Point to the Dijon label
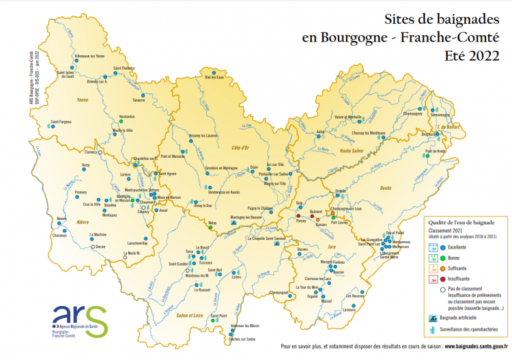254,166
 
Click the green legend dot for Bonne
442,258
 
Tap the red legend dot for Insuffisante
442,279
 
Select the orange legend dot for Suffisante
442,268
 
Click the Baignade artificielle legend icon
433,318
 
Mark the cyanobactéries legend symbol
433,330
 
